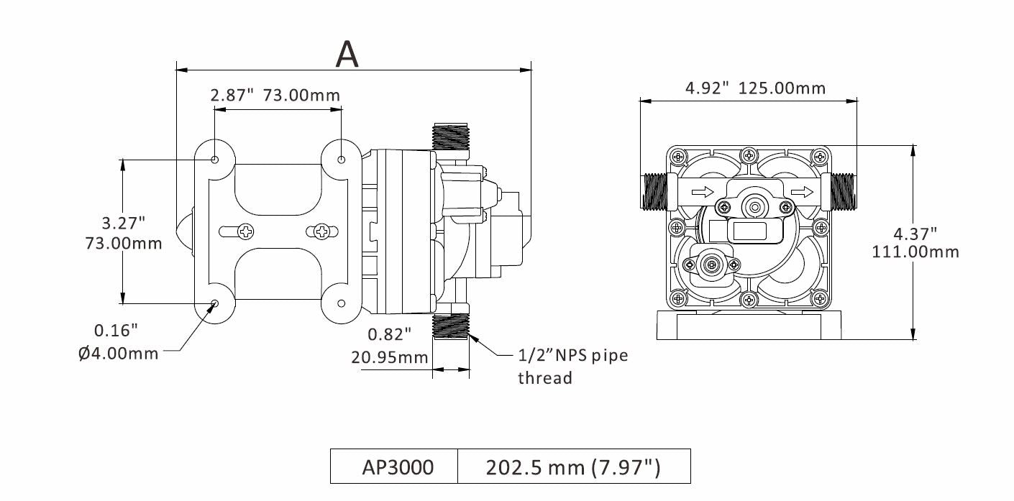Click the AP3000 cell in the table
click(x=398, y=467)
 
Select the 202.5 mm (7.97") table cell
click(x=573, y=467)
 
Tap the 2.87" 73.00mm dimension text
click(x=275, y=95)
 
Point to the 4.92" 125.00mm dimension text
click(x=755, y=88)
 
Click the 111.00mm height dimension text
click(x=915, y=252)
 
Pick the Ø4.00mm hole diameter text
click(x=118, y=354)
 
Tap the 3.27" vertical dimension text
click(x=123, y=221)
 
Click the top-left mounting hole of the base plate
click(x=215, y=159)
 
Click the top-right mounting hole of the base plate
click(x=341, y=159)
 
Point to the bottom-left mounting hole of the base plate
click(x=215, y=304)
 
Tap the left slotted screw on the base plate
click(x=246, y=231)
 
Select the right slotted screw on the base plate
click(x=321, y=231)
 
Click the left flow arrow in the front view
click(x=703, y=192)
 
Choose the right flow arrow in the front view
click(x=803, y=192)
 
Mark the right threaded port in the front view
click(x=842, y=192)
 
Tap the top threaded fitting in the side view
click(x=450, y=137)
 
